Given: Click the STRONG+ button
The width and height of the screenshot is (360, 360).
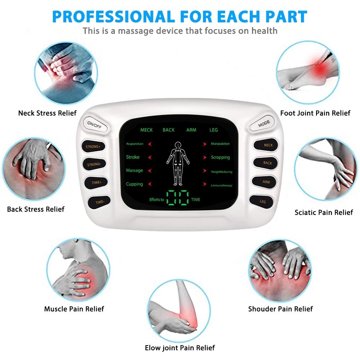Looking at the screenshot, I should (x=93, y=147).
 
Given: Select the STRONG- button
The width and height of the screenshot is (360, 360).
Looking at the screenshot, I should (x=94, y=165).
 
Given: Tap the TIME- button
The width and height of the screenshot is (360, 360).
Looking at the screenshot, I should (x=100, y=202).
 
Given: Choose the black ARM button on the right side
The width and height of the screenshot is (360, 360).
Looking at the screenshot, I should (x=266, y=182).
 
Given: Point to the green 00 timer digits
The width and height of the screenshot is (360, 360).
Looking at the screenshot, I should (x=178, y=198).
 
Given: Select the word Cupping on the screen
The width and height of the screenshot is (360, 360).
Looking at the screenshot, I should (x=134, y=184).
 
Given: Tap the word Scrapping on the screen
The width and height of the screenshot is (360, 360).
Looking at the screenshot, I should (x=220, y=157).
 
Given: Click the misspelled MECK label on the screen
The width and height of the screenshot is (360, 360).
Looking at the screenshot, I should (x=147, y=130).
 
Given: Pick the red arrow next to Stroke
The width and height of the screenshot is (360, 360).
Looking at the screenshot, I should (x=150, y=157).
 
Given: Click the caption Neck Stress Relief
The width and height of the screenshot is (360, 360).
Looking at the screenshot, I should (x=48, y=113).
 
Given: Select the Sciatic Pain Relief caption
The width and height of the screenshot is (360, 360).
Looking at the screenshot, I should (x=324, y=212).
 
